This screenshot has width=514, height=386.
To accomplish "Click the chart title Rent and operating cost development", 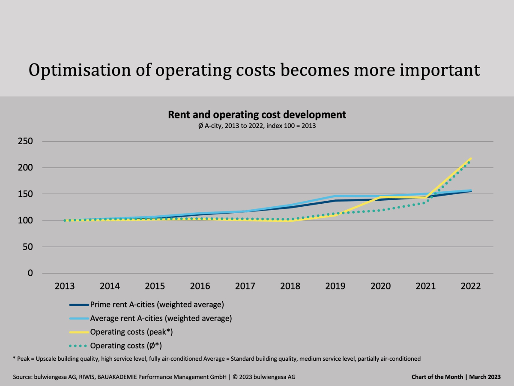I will tap(257, 115).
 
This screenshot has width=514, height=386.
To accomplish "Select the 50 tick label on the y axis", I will tap(30, 247).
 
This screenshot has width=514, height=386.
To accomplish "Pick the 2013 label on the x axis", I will tap(64, 286).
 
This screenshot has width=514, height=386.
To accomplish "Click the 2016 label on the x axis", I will tap(200, 286).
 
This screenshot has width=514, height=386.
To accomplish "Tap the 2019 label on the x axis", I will tap(335, 286).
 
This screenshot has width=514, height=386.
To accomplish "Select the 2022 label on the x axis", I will tap(470, 286).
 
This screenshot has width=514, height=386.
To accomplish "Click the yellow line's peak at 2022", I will tap(471, 159).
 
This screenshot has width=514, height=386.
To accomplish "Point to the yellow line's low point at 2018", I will tap(290, 221).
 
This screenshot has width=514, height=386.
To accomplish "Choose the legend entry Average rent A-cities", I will tap(161, 318).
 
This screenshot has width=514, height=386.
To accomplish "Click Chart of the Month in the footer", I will tap(437, 377).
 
